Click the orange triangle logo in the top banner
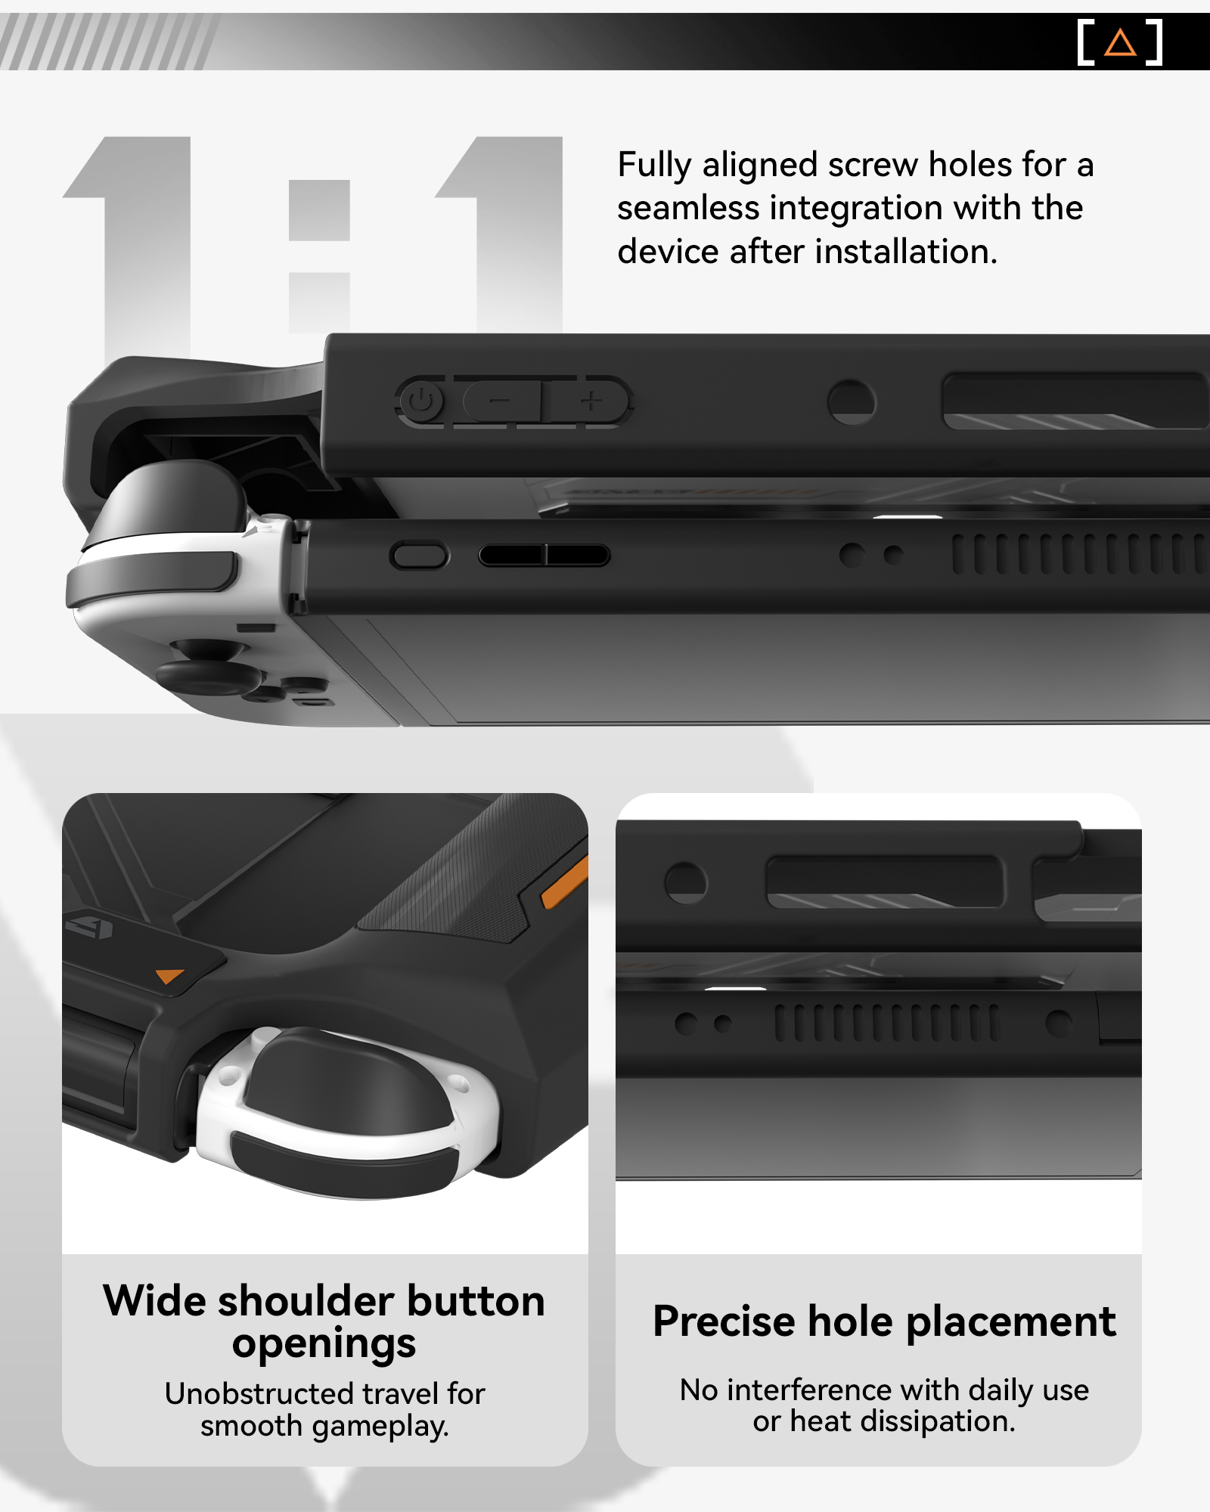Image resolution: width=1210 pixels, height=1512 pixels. pos(1120,43)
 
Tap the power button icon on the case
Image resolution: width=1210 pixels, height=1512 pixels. pos(421,401)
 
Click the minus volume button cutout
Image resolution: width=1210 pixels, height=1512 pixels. pos(500,401)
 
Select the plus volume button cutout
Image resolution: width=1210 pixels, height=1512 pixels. pos(591,401)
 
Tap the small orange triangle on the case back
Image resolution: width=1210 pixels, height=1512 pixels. pos(169,976)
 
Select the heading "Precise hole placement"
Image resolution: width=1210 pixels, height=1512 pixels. pos(884,1321)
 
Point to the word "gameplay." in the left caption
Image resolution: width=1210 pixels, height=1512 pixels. pos(380,1426)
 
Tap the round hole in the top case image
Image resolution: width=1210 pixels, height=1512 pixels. pos(852,401)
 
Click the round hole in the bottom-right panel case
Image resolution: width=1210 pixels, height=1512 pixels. pos(685,882)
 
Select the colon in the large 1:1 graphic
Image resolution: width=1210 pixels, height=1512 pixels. pos(319,256)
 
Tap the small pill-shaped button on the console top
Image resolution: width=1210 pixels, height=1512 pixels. pos(420,556)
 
